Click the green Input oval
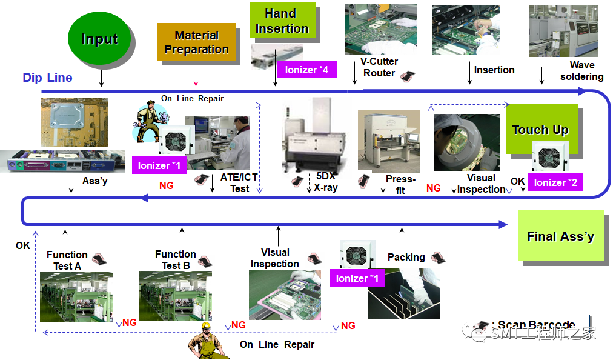tap(100, 39)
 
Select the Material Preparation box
tap(196, 42)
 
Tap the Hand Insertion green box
tap(282, 21)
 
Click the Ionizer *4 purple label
tap(306, 70)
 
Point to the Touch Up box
tap(540, 129)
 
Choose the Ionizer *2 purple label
tap(555, 182)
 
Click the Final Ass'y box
tap(560, 236)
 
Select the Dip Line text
tap(47, 78)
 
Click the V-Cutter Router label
tap(379, 67)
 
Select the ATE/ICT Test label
tap(239, 182)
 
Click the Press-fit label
tap(400, 184)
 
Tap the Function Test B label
tap(175, 259)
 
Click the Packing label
tap(406, 257)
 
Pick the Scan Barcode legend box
tap(528, 325)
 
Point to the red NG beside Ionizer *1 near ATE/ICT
tap(166, 185)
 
